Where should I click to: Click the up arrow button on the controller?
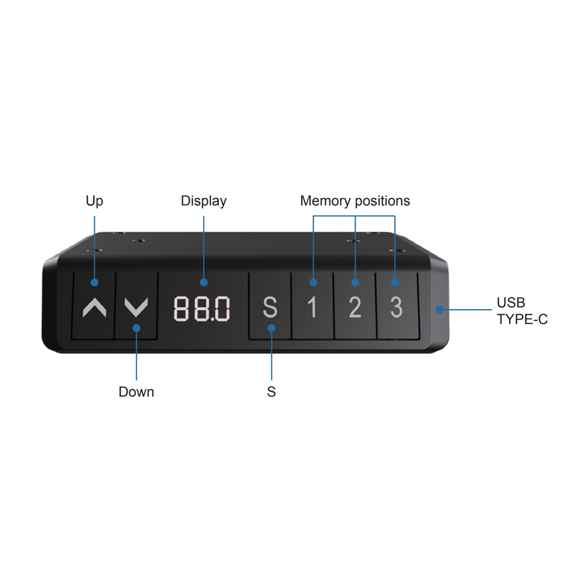coord(94,306)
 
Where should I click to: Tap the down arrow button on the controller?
coord(136,306)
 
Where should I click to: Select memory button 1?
coord(313,306)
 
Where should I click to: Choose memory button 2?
coord(355,306)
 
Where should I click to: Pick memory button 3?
coord(398,306)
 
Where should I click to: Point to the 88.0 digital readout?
coord(202,308)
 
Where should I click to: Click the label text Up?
coord(94,201)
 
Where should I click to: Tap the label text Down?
coord(136,392)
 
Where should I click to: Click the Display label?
coord(203,201)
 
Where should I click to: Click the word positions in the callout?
coord(382,201)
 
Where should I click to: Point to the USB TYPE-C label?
coord(522,311)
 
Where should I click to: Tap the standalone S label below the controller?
coord(271,392)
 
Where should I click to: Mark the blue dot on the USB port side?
coord(440,310)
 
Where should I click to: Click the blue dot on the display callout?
coord(203,282)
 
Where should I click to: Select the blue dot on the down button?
coord(137,328)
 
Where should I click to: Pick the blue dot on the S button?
coord(272,328)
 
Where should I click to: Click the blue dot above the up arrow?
coord(95,282)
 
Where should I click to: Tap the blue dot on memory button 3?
coord(395,282)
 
